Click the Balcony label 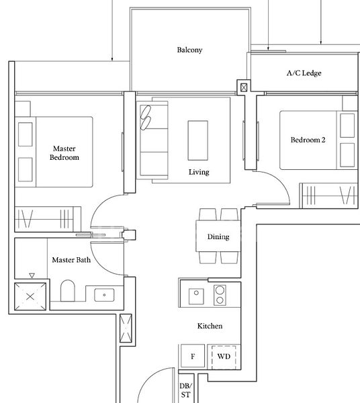click(x=189, y=50)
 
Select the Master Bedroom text click(x=64, y=152)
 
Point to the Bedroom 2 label click(x=308, y=140)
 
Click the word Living click(x=199, y=172)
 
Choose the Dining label click(x=218, y=237)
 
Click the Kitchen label click(x=210, y=326)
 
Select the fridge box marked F click(x=193, y=356)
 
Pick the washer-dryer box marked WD click(x=224, y=356)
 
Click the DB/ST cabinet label click(x=185, y=391)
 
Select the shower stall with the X click(x=30, y=296)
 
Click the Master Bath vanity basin click(x=105, y=294)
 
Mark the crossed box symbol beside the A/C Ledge click(x=243, y=86)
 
